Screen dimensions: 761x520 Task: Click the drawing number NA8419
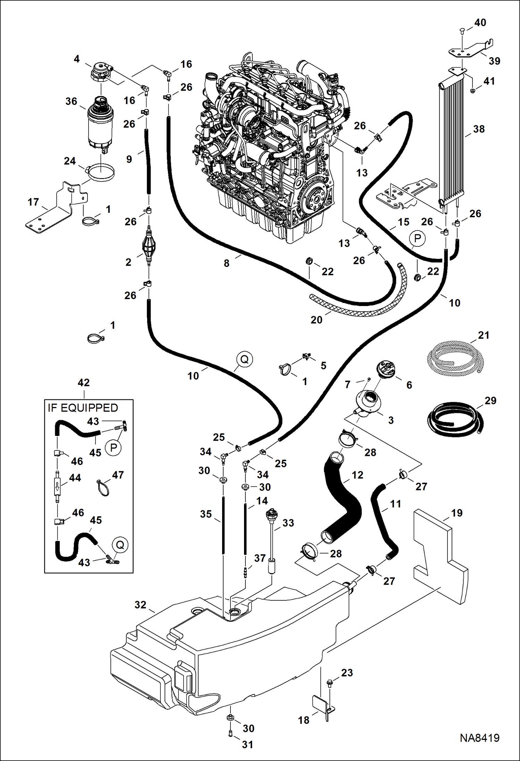point(479,738)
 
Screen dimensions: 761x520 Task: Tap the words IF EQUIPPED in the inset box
point(83,408)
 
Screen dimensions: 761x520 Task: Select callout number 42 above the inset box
point(84,382)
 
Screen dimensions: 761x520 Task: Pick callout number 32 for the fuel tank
point(140,605)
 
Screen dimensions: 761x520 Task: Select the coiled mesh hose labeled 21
point(455,357)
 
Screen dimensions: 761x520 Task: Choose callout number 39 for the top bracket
point(494,61)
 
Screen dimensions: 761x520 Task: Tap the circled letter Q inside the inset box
point(120,545)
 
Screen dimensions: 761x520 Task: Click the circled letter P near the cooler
point(418,238)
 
